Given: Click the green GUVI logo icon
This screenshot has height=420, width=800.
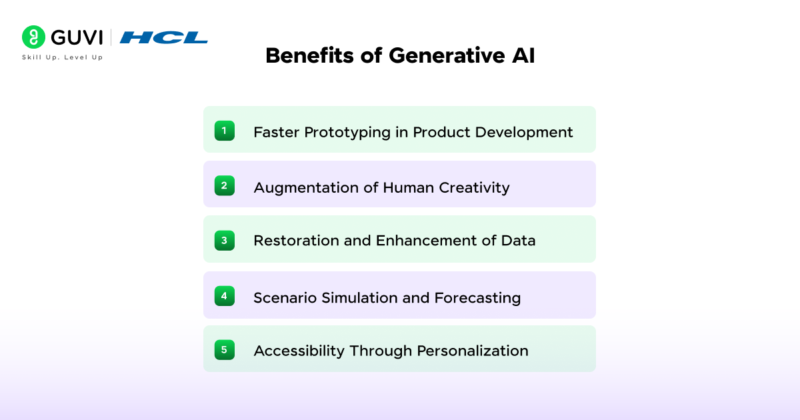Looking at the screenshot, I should (x=33, y=37).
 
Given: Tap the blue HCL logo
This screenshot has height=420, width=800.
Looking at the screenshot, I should (x=164, y=37).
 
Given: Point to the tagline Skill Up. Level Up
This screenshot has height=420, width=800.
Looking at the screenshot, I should (x=62, y=57).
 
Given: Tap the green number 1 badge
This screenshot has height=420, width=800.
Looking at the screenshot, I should (x=224, y=131).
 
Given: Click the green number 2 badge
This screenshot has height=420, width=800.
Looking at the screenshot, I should (x=224, y=186).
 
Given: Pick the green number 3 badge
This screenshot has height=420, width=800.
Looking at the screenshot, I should (x=224, y=240).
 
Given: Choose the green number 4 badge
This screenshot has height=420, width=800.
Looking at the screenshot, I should (x=224, y=295).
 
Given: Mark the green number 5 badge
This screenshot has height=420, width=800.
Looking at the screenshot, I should (x=224, y=349).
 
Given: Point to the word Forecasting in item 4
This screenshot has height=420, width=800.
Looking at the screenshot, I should (x=477, y=297).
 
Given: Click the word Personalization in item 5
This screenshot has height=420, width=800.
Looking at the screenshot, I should (x=473, y=351).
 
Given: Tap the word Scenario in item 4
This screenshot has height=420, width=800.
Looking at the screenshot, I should (x=285, y=297).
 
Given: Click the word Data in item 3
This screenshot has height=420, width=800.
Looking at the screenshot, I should (x=518, y=241).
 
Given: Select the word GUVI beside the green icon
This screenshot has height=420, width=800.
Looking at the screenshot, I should (x=77, y=37).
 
